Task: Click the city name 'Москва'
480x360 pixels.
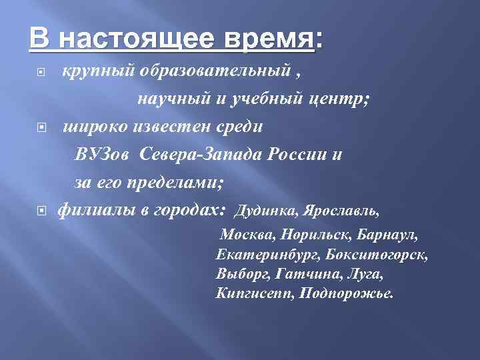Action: coord(247,236)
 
